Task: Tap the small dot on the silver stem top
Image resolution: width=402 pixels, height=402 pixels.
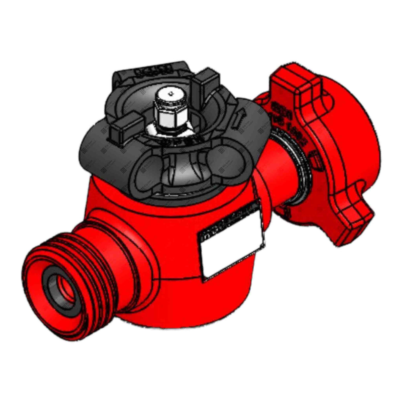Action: click(x=170, y=94)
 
